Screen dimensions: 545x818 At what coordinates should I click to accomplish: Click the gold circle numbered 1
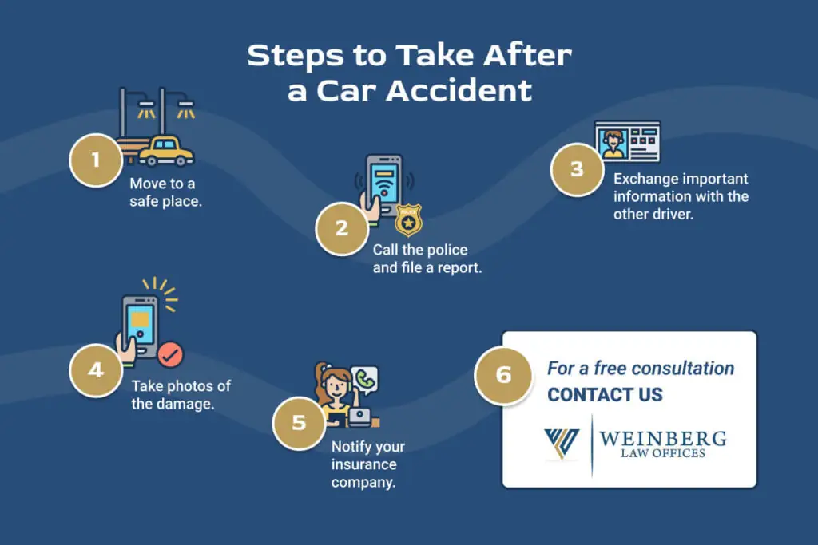click(x=96, y=160)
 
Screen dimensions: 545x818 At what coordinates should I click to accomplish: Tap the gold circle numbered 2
click(x=342, y=227)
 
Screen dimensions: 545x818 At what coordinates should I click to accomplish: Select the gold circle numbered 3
click(x=577, y=169)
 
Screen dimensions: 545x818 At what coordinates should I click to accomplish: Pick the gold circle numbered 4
click(x=96, y=369)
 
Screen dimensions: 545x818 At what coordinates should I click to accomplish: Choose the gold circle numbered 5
click(x=299, y=421)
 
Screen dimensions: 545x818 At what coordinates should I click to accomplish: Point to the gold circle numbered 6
click(x=503, y=374)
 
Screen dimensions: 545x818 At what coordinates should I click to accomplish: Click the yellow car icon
click(x=166, y=150)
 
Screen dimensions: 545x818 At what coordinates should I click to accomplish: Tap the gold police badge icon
click(x=408, y=219)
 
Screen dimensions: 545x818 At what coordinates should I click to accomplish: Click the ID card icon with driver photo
click(x=627, y=141)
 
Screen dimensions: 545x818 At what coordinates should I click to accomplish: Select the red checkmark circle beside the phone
click(x=169, y=353)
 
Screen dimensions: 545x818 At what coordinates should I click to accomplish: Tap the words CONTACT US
click(x=605, y=394)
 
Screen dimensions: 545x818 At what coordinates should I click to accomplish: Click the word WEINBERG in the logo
click(x=663, y=439)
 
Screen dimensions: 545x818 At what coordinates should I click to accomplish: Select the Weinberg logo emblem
click(x=561, y=444)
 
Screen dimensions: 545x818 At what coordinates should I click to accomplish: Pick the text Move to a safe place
click(x=165, y=192)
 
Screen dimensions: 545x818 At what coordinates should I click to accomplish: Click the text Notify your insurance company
click(x=368, y=464)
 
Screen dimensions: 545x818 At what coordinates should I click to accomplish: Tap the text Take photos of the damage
click(x=181, y=394)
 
